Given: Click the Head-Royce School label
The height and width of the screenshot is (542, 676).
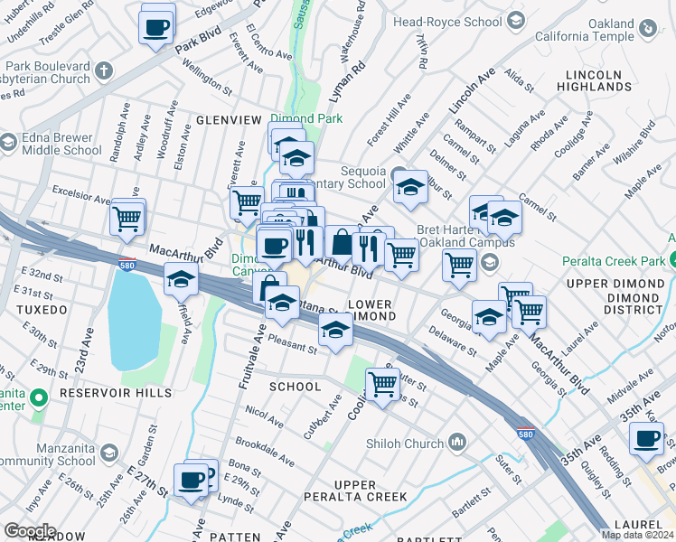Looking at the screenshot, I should tap(460, 22).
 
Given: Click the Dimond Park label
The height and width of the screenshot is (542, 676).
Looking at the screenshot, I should tap(306, 118).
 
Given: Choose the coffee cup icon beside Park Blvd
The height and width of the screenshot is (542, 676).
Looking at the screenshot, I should tap(157, 27).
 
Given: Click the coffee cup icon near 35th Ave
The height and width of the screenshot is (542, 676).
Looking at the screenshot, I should tap(646, 439).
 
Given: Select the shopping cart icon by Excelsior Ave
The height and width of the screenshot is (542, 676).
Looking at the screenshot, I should tap(127, 218).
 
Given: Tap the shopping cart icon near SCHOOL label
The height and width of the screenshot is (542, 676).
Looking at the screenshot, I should tap(383, 383).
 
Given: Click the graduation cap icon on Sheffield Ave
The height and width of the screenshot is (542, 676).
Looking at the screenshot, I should tap(182, 280).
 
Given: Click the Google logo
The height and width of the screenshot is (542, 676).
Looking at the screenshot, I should tap(29, 531).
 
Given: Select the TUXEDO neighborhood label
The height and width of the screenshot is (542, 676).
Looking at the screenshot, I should tap(41, 310).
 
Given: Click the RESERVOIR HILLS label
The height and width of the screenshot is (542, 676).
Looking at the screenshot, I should tap(115, 393).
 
